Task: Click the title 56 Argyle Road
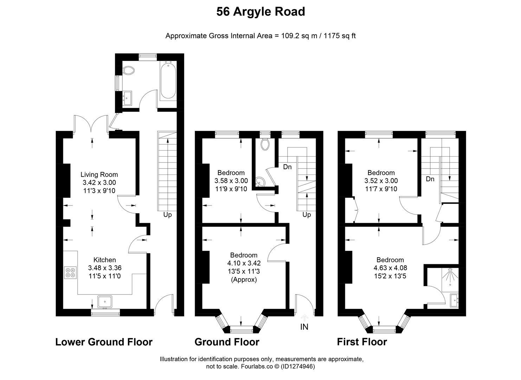pos(260,12)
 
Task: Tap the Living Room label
pos(99,175)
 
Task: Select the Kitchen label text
pos(104,260)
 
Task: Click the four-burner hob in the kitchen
pos(70,273)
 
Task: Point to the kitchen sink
pos(105,302)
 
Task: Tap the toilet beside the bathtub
pos(128,70)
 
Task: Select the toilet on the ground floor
pos(265,144)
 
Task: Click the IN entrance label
pos(304,327)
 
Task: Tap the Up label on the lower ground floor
pos(167,215)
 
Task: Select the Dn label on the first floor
pos(430,179)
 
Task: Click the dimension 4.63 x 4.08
pos(390,268)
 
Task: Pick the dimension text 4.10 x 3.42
pos(244,263)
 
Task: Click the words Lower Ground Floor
pos(104,342)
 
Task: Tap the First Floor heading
pos(362,342)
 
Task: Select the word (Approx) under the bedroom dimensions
pos(244,279)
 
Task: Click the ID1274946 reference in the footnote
pos(298,366)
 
